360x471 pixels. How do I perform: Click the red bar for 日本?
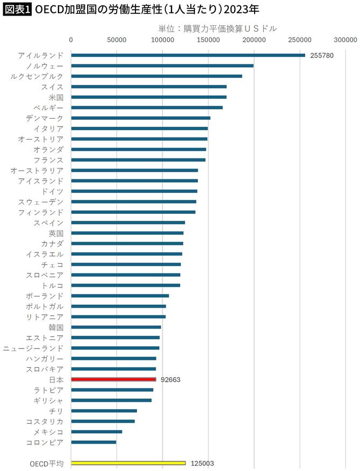[x=113, y=379]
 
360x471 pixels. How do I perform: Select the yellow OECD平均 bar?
[x=128, y=462]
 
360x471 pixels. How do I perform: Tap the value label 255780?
[x=322, y=55]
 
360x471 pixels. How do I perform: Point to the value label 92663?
[x=170, y=379]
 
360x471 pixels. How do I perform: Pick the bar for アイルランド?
[x=188, y=55]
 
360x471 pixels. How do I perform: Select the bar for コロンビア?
[x=93, y=442]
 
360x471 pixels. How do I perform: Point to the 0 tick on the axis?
[x=71, y=39]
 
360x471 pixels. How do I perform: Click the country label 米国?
[x=56, y=97]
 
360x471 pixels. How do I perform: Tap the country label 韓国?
[x=56, y=327]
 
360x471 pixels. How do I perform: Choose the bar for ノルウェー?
[x=162, y=66]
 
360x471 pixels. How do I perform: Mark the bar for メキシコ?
[x=96, y=431]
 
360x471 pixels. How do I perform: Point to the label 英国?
[x=56, y=233]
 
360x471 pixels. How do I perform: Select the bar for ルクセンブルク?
[x=156, y=76]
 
